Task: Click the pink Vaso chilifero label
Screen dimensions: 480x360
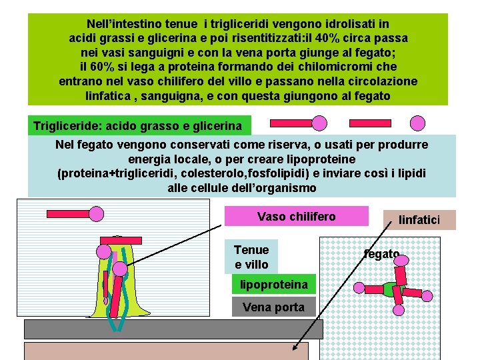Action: click(296, 216)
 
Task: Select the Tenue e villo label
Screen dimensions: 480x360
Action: click(251, 257)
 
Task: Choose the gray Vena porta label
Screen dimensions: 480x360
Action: click(273, 307)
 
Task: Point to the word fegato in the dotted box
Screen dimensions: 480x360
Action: click(381, 254)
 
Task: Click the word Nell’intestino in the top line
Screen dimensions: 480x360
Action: click(126, 23)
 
